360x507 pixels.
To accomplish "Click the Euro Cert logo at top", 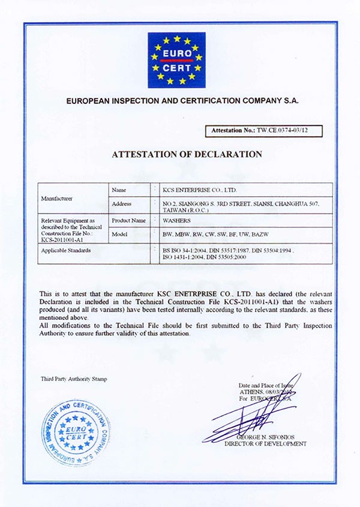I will pos(176,61).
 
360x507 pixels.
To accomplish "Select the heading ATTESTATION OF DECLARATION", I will pos(187,154).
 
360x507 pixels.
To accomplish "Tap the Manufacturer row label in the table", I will pos(56,197).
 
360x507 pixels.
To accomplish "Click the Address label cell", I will pos(122,204).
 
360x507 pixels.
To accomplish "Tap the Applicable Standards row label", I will pos(66,250).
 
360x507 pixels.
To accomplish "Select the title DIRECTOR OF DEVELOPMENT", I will pos(265,444).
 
